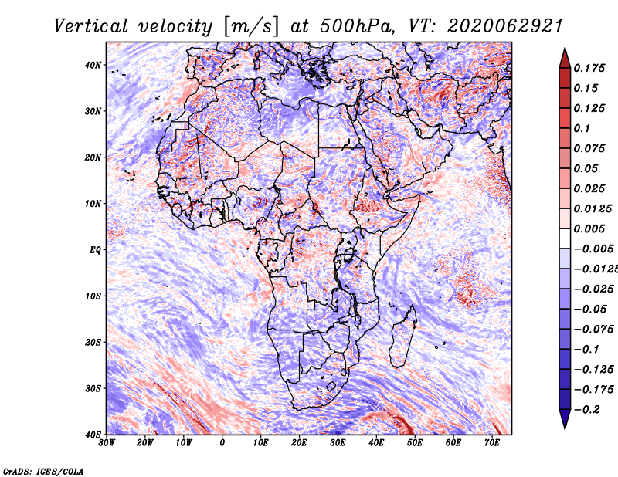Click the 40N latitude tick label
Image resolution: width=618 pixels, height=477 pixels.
(x=93, y=65)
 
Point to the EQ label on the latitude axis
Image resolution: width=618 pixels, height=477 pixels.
(x=94, y=249)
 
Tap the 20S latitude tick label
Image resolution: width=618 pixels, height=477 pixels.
(x=93, y=342)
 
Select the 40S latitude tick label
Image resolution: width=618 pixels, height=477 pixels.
(x=93, y=434)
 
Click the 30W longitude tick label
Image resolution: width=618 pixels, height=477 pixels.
(x=107, y=443)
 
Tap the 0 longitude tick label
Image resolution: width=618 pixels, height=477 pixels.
(x=222, y=443)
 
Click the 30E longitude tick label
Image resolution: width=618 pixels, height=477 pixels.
(x=338, y=443)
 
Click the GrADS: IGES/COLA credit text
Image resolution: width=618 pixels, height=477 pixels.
(x=43, y=470)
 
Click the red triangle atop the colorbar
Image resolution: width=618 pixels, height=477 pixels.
(x=565, y=58)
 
